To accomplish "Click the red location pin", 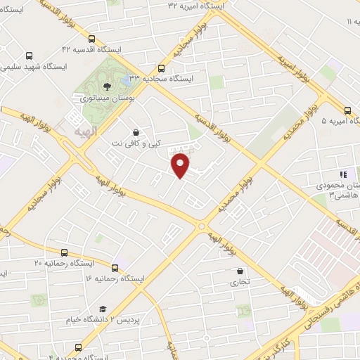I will tap(181, 165).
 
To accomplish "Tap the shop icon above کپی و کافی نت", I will tap(135, 131).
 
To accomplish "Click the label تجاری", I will tap(240, 283).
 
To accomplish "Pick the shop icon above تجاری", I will tap(240, 271).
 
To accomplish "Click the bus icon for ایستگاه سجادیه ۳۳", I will tap(162, 68).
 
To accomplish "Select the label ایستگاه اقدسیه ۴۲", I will tap(91, 50).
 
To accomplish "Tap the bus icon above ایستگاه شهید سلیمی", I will tap(29, 56).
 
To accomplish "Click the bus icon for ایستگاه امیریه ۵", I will tap(348, 110).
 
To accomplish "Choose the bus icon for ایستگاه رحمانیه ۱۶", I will tap(115, 267).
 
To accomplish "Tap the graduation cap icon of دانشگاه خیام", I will tap(103, 309).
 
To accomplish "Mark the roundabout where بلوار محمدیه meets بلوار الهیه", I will tap(202, 226).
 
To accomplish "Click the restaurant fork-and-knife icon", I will tap(343, 174).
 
